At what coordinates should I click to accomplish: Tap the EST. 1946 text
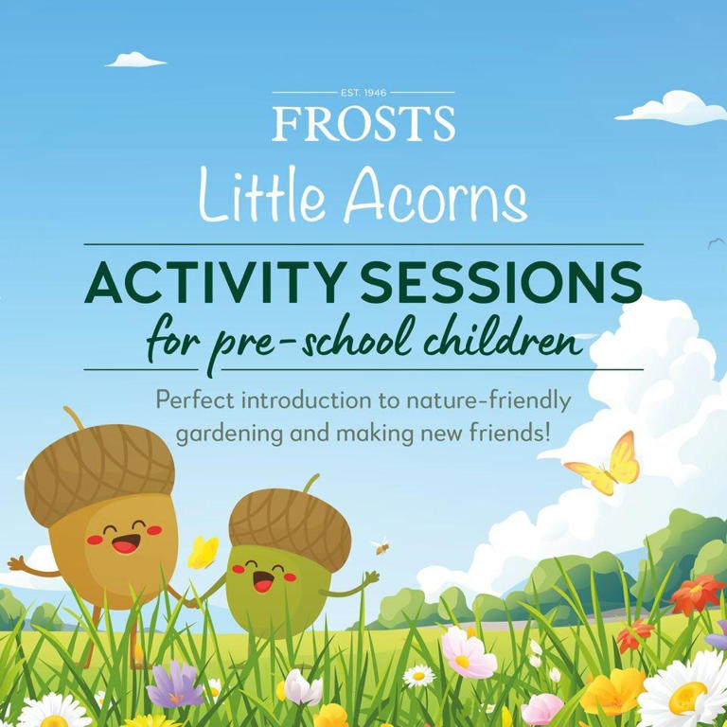(x=363, y=93)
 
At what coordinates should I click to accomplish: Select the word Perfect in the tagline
(x=196, y=399)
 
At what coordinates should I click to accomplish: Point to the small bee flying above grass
(x=381, y=546)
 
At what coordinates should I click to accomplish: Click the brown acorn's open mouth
(x=124, y=543)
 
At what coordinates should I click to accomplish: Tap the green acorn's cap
(x=289, y=517)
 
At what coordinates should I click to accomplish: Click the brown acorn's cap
(x=99, y=470)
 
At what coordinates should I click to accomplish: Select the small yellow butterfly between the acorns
(x=203, y=552)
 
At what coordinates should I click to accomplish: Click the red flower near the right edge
(x=695, y=594)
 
